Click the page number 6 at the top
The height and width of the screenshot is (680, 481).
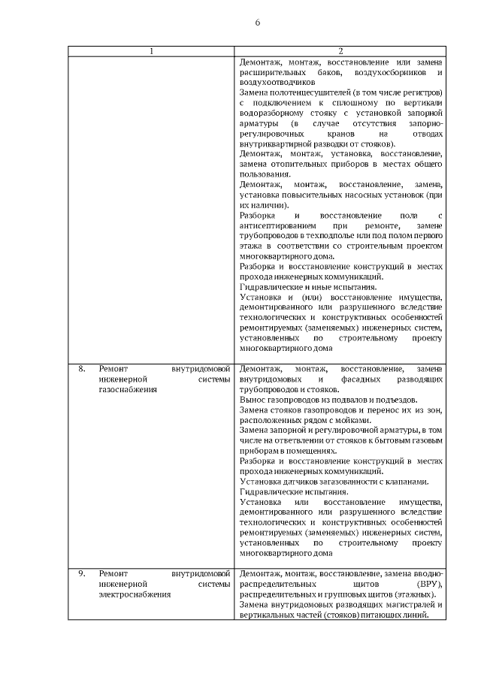tap(257, 23)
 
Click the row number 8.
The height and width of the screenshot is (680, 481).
tap(82, 369)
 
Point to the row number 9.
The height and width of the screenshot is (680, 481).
tap(82, 574)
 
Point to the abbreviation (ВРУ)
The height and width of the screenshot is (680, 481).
tap(428, 584)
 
